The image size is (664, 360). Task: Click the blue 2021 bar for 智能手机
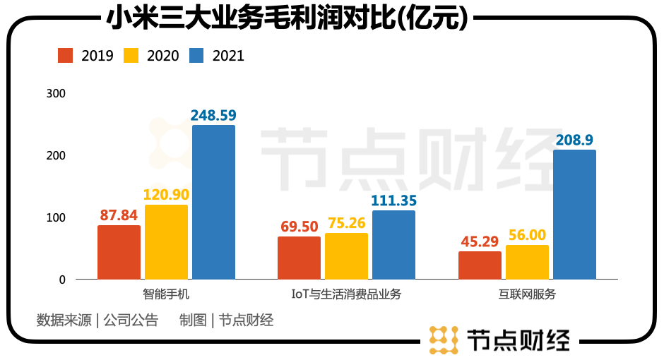[x=213, y=202]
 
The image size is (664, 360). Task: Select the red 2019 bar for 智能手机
[x=119, y=252]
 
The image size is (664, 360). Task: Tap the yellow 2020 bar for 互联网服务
[x=527, y=262]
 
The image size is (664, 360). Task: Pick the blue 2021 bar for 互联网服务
[x=574, y=215]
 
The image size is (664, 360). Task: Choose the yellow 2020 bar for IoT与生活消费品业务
[x=346, y=256]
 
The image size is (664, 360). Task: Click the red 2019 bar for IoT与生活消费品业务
[x=299, y=258]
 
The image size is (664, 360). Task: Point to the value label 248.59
[x=213, y=114]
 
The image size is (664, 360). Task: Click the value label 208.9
[x=574, y=139]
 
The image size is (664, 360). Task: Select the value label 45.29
[x=480, y=241]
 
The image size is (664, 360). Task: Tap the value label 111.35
[x=393, y=200]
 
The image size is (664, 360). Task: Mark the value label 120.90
[x=166, y=194]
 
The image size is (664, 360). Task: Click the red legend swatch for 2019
[x=66, y=55]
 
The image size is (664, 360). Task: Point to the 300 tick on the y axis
[x=55, y=93]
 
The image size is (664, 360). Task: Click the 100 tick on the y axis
[x=55, y=217]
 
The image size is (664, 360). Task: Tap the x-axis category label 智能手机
[x=166, y=294]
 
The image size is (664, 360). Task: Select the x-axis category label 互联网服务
[x=527, y=294]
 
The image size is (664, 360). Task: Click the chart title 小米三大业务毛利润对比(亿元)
[x=287, y=18]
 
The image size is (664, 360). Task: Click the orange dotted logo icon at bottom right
[x=443, y=340]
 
